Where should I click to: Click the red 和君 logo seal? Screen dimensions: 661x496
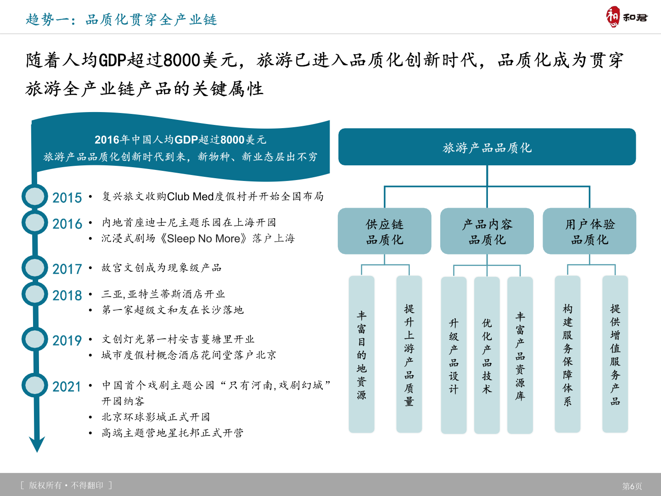(x=612, y=17)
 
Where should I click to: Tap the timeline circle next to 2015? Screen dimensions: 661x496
(x=35, y=196)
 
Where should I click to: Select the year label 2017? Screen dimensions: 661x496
(x=67, y=269)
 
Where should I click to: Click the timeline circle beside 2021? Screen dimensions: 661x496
(x=35, y=385)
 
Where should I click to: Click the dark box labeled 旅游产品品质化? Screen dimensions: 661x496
(x=487, y=147)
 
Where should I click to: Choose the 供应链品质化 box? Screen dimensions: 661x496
(x=384, y=231)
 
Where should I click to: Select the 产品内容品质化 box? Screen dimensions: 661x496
(x=487, y=231)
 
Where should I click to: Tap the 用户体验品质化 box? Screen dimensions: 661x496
(x=589, y=231)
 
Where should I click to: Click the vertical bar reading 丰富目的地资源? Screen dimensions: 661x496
(x=361, y=355)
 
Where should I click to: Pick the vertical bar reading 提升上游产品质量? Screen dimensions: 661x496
(x=409, y=355)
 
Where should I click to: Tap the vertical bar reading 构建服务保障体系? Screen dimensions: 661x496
(x=567, y=355)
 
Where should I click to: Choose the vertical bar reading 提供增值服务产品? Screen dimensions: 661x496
(x=615, y=355)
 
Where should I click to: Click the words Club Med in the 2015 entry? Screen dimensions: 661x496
(x=190, y=197)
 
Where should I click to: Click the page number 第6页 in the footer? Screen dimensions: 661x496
(x=632, y=486)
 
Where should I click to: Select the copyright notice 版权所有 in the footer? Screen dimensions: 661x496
(x=45, y=485)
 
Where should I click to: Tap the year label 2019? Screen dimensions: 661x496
(x=67, y=341)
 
